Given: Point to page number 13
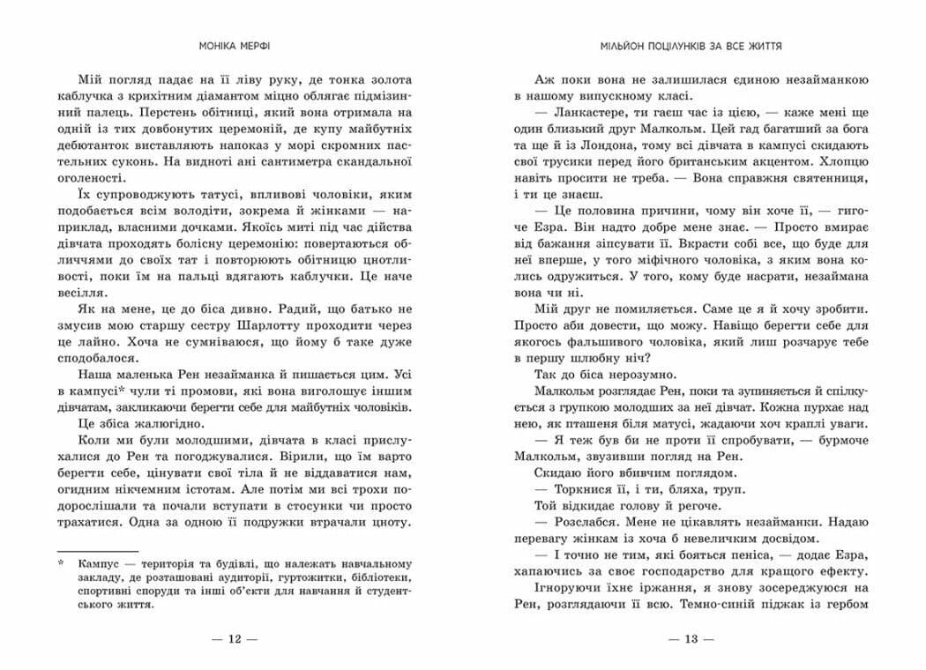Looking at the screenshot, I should click(691, 638).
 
